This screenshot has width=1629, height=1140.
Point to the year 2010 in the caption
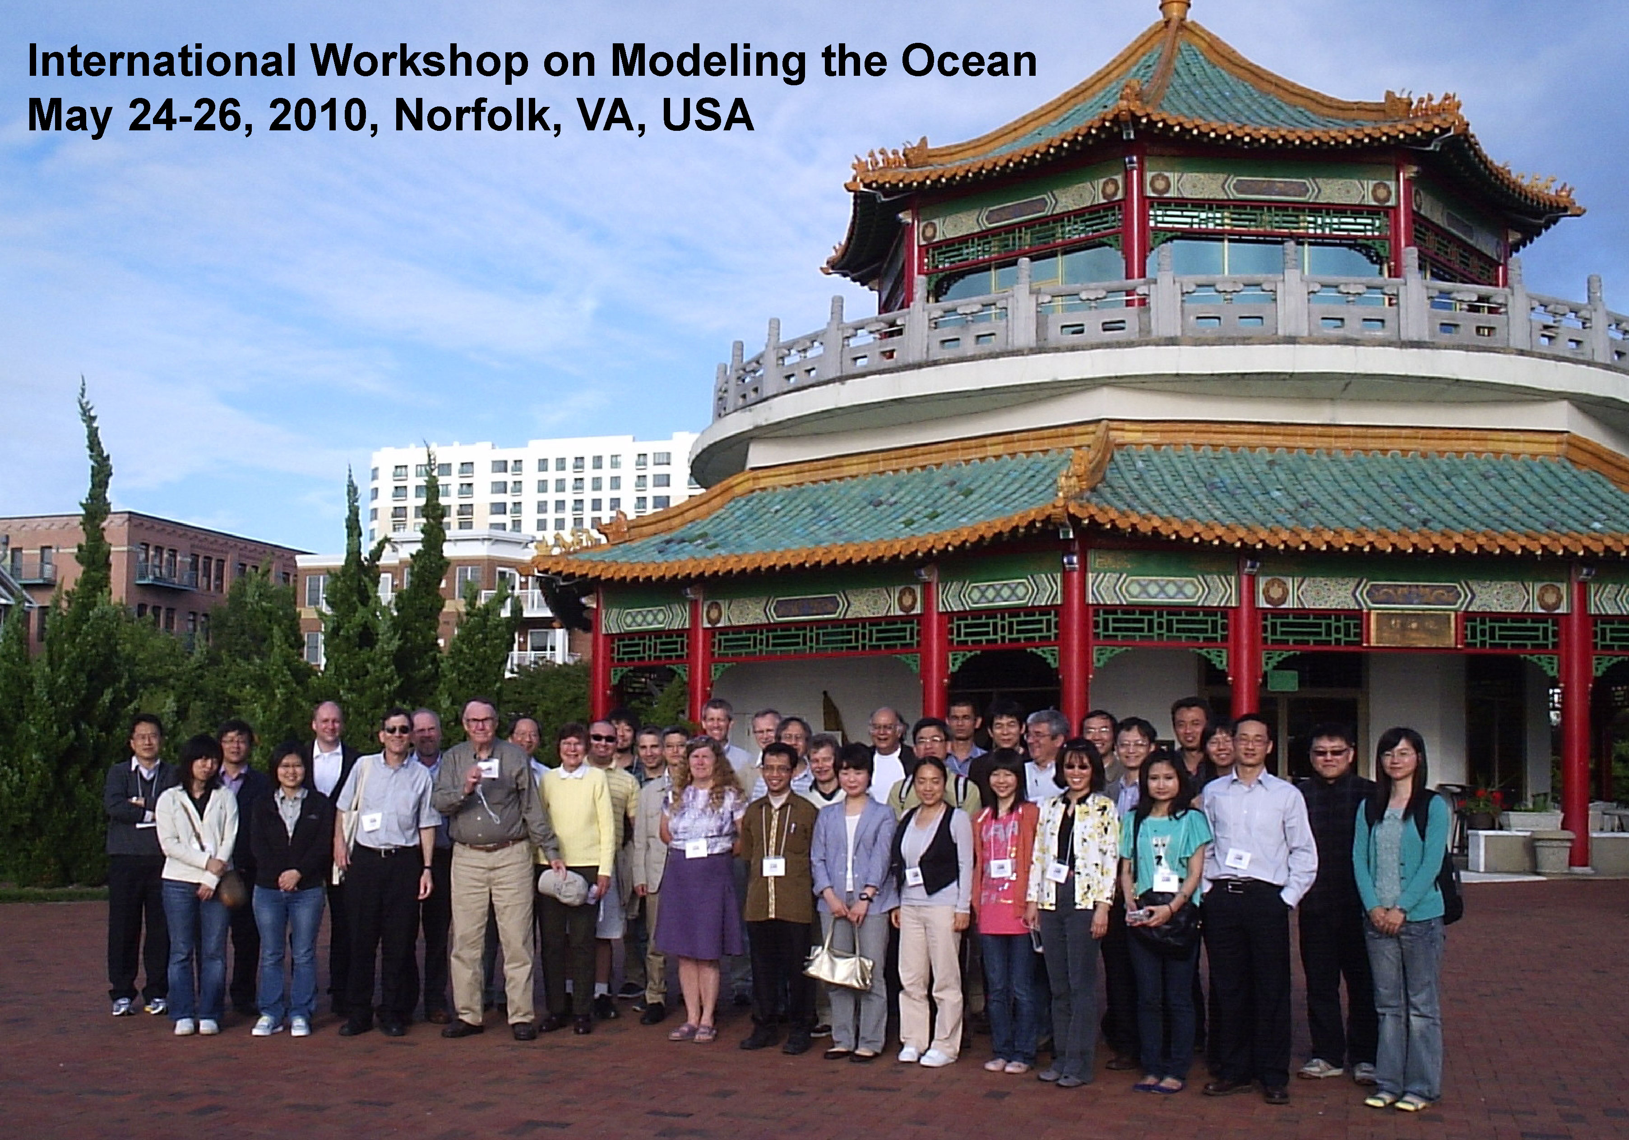320,115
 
